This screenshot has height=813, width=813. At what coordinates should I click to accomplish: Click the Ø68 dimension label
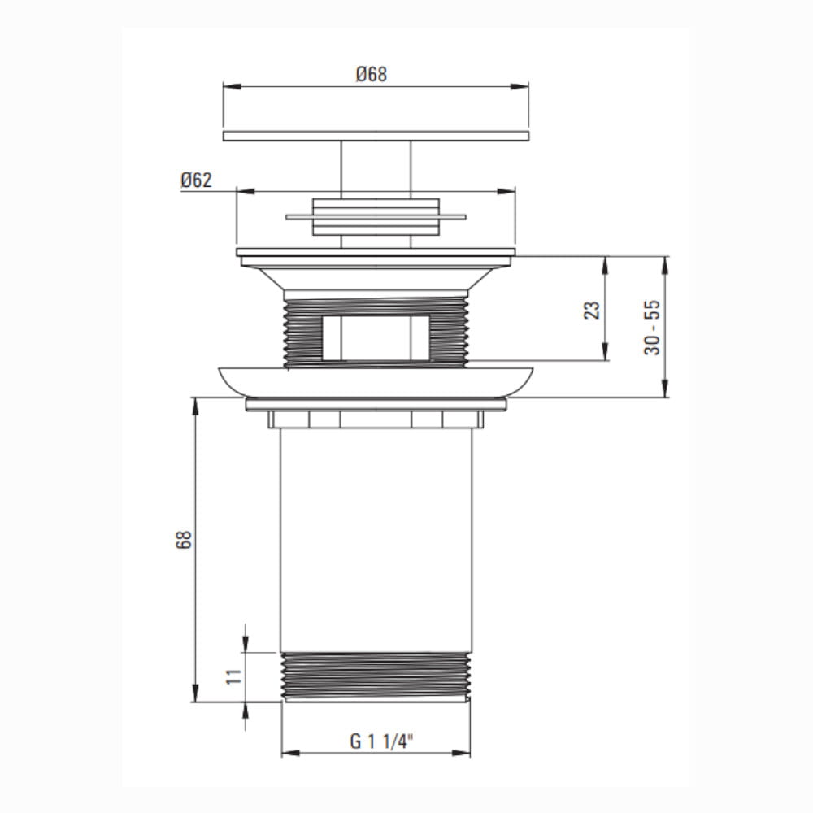coord(372,74)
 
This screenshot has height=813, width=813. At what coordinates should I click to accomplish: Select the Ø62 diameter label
coord(196,180)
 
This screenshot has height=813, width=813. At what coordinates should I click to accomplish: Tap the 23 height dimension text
coord(592,310)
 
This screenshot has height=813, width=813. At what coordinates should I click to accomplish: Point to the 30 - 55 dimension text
coord(652,327)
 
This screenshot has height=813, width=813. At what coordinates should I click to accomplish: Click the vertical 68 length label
coord(184,539)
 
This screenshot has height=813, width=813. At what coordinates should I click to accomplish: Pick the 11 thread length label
coord(234,676)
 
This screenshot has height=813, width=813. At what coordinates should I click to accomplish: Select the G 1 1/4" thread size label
coord(382,741)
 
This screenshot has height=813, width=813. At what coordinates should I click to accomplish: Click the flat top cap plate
coord(376,136)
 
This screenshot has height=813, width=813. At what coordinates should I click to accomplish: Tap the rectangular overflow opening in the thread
coord(376,337)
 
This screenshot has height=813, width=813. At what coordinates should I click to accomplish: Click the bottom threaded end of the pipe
coord(376,677)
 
